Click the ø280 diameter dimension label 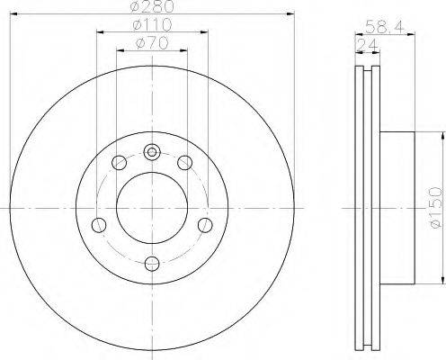click(x=153, y=6)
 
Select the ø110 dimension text click(x=152, y=25)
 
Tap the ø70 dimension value click(x=152, y=44)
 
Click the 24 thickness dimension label click(x=368, y=45)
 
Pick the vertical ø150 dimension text click(x=435, y=207)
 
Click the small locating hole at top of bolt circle click(x=152, y=152)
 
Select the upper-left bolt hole click(x=119, y=163)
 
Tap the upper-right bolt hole click(x=184, y=163)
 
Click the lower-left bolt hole click(x=99, y=225)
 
